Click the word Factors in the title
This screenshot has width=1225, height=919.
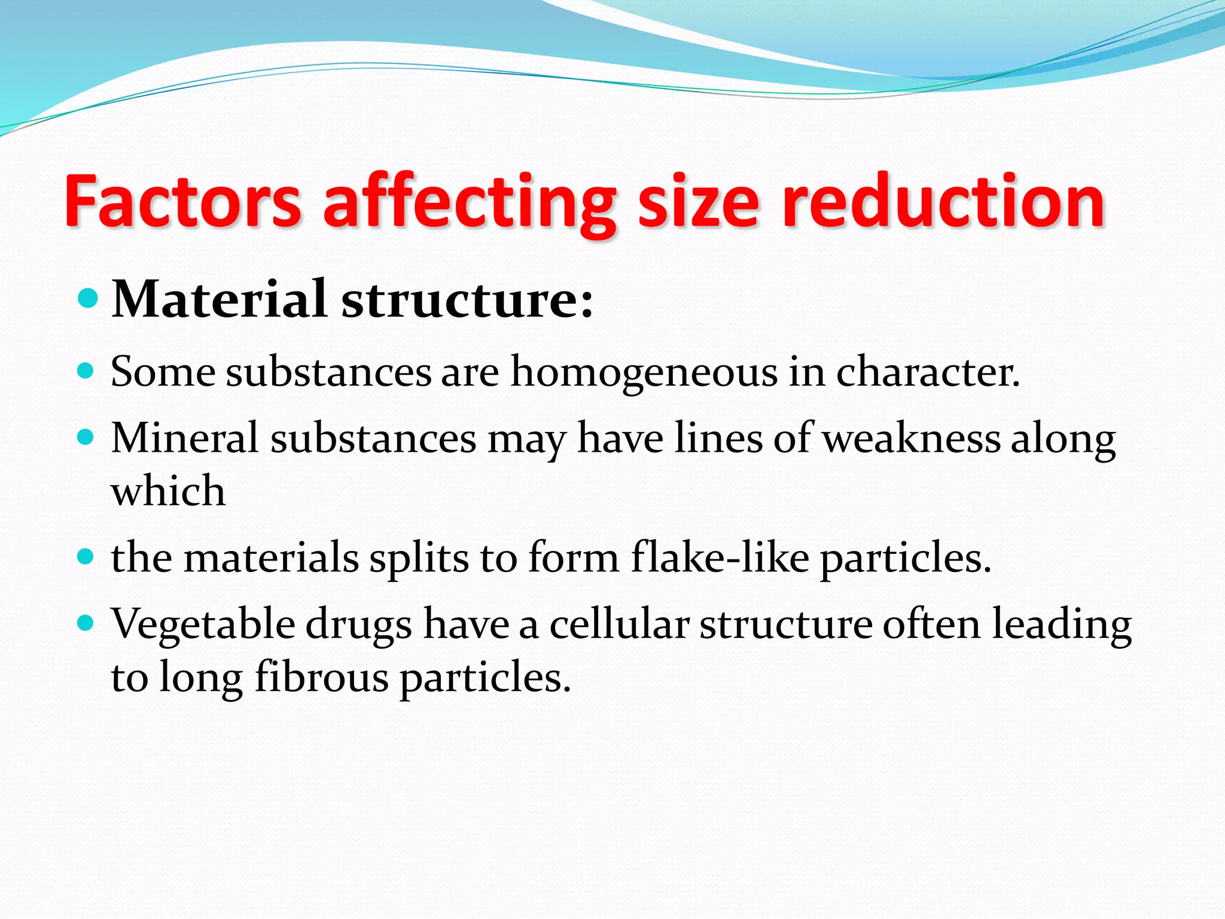point(182,202)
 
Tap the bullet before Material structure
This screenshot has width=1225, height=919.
point(87,297)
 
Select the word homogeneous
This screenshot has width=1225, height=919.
point(644,373)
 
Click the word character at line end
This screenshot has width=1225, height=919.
point(927,372)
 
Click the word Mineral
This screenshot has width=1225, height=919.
point(185,437)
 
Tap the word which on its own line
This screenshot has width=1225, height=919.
point(168,491)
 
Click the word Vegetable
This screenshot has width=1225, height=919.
point(203,625)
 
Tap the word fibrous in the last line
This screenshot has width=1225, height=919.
point(322,678)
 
